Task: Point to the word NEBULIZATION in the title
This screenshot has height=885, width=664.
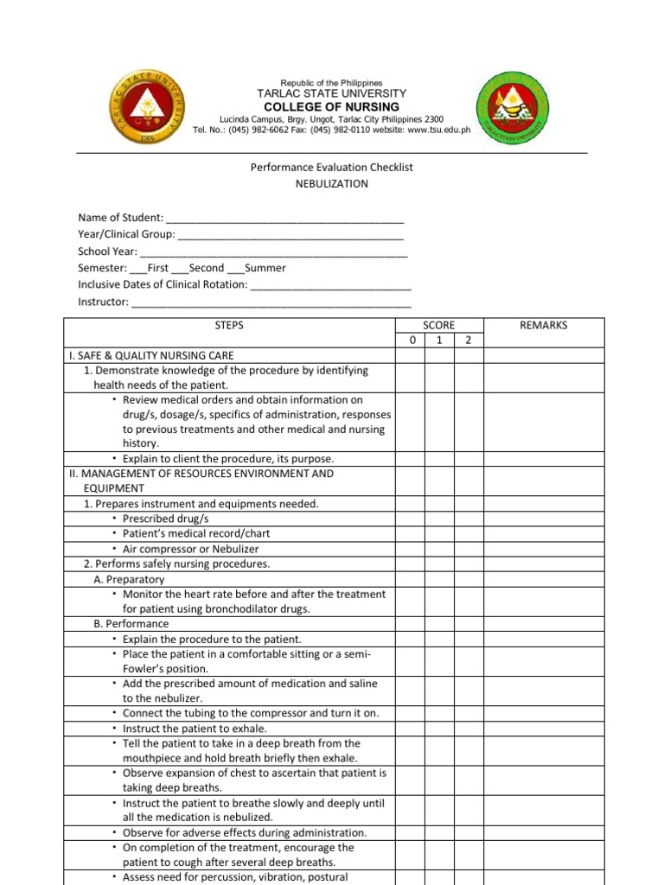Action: coord(332,184)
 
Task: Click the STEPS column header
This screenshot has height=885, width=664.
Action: coord(229,325)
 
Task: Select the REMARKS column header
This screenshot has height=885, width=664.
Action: coord(544,325)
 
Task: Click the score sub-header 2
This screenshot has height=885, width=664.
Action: coord(468,341)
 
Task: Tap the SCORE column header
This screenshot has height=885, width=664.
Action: coord(439,325)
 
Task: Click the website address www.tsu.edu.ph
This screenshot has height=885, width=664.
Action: coord(438,130)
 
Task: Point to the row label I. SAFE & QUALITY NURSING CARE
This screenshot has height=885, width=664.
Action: coord(150,355)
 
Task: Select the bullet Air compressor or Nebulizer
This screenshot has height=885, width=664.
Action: coord(190,549)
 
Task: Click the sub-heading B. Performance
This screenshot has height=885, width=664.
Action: coord(131,623)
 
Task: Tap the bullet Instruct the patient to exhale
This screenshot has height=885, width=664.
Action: coord(195,729)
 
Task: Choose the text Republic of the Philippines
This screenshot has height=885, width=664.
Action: coord(331,83)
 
